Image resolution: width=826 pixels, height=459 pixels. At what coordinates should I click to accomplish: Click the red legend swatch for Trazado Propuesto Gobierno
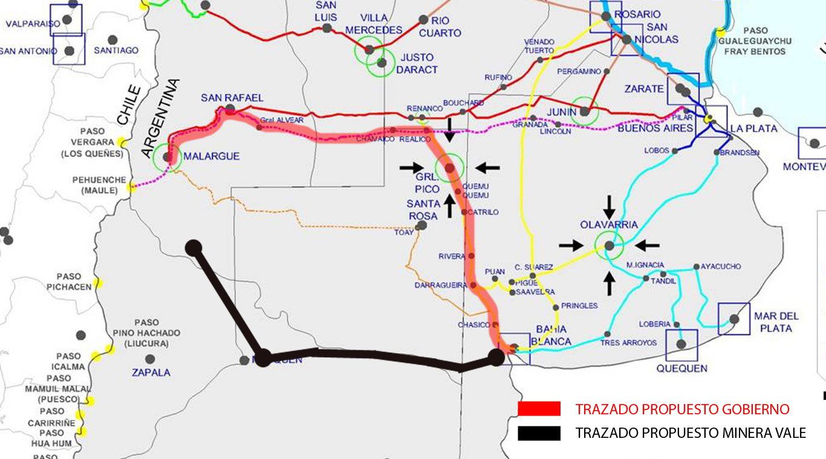tap(539, 409)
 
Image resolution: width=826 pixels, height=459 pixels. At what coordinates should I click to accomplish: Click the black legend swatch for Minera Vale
tap(539, 433)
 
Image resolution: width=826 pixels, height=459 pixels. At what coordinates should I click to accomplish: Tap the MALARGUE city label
tap(212, 156)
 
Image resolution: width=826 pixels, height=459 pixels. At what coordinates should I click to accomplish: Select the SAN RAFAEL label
tap(232, 98)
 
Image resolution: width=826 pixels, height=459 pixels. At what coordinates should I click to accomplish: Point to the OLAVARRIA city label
tap(609, 225)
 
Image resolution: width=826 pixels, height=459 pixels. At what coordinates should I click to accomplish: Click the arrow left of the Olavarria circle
tap(571, 245)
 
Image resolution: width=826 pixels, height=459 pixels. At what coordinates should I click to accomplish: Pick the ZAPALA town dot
tap(150, 359)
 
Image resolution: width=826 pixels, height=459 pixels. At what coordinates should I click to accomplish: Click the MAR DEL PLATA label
tap(776, 322)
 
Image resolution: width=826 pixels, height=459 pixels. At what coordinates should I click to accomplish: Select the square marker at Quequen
tap(681, 344)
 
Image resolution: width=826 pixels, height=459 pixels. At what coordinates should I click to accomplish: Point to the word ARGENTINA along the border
tap(158, 118)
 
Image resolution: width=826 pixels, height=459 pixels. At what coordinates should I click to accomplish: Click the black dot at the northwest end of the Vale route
tap(193, 247)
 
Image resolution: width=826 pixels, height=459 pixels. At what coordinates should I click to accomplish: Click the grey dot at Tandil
tap(646, 278)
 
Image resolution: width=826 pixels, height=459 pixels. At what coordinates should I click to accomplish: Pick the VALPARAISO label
tap(33, 24)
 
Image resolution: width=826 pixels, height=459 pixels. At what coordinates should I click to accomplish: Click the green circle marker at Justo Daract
tap(382, 62)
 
